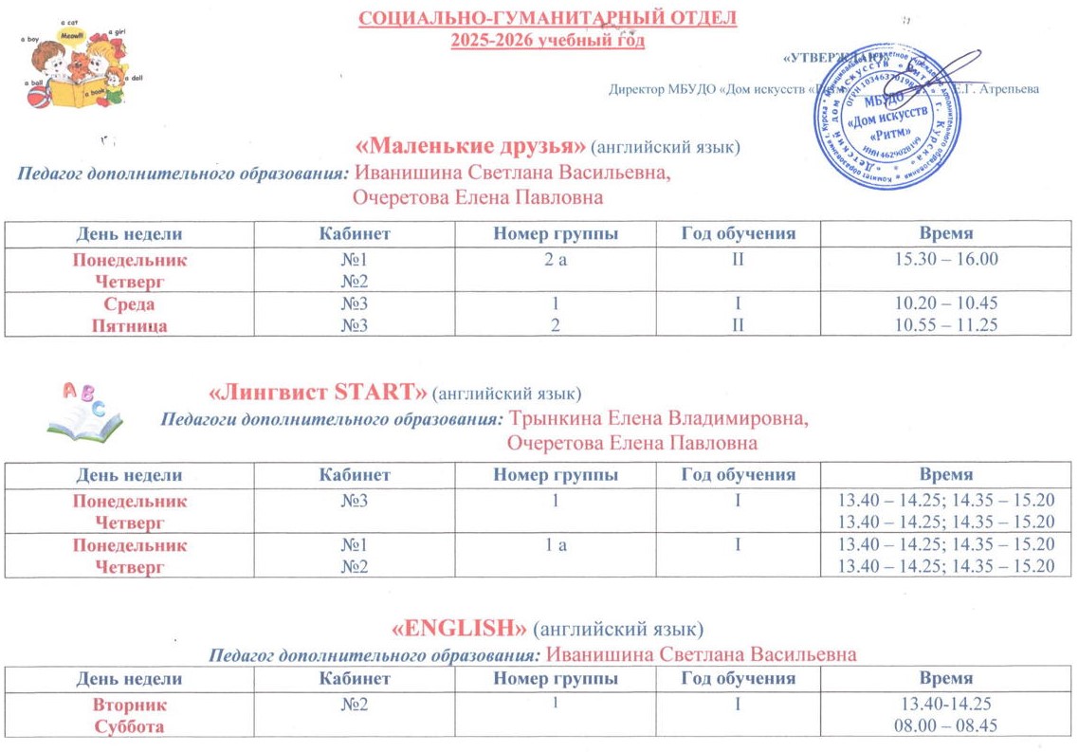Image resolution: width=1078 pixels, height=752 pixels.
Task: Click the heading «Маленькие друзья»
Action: pyautogui.click(x=470, y=147)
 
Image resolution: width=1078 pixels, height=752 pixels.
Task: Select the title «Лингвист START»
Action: pyautogui.click(x=317, y=392)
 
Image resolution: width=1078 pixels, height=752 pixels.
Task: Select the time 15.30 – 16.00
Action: pyautogui.click(x=946, y=259)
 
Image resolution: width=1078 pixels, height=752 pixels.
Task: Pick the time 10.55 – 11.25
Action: pyautogui.click(x=946, y=325)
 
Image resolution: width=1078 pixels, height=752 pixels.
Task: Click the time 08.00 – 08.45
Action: pyautogui.click(x=946, y=726)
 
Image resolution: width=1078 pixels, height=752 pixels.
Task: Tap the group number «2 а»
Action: pyautogui.click(x=556, y=259)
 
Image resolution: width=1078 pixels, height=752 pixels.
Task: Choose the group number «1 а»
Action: pyautogui.click(x=556, y=545)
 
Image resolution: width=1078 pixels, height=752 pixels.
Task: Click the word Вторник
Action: pyautogui.click(x=129, y=705)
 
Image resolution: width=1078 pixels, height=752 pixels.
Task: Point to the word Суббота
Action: pyautogui.click(x=129, y=726)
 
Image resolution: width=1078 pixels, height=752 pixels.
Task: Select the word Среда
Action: pyautogui.click(x=129, y=304)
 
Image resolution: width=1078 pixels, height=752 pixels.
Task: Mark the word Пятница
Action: pyautogui.click(x=129, y=325)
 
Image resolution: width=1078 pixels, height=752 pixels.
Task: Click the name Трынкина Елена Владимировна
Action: pyautogui.click(x=660, y=419)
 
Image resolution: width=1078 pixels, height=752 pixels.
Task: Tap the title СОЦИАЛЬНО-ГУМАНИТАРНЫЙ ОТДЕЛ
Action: pyautogui.click(x=548, y=18)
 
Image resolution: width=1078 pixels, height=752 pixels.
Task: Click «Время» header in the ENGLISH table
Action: pyautogui.click(x=946, y=678)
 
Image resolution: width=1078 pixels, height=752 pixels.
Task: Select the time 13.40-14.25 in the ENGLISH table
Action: pyautogui.click(x=946, y=705)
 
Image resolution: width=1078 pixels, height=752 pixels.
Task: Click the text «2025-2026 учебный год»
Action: pyautogui.click(x=548, y=40)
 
